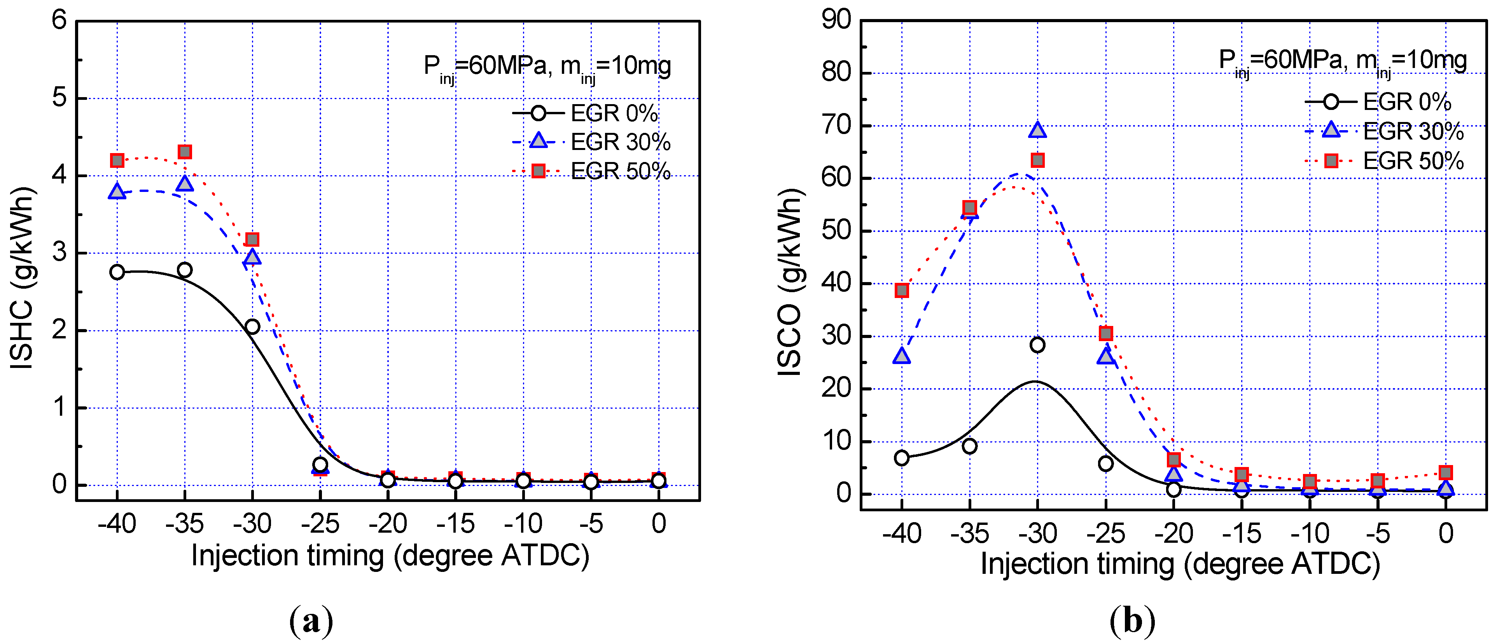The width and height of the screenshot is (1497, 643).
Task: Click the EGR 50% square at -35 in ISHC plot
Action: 185,152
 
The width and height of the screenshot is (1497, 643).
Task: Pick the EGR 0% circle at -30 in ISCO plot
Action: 1037,345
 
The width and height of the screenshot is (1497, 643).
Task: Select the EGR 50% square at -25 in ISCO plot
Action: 1106,333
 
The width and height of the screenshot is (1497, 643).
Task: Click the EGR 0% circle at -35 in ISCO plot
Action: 969,446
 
